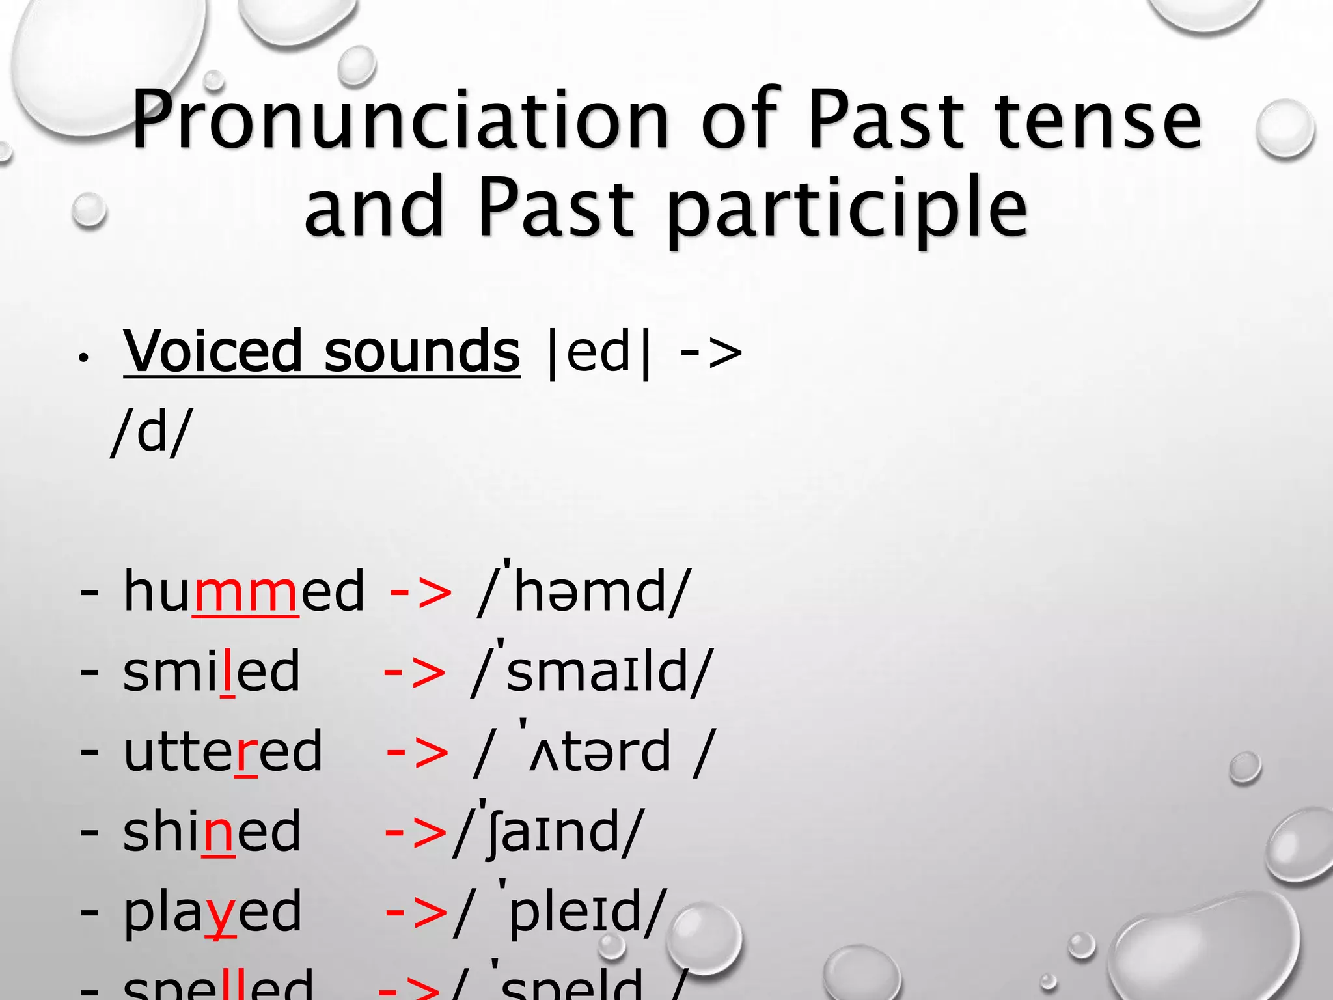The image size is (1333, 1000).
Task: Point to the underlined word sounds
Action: [422, 352]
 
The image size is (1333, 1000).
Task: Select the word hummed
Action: [243, 591]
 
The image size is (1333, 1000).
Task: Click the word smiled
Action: [212, 671]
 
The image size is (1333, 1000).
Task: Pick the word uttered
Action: [223, 751]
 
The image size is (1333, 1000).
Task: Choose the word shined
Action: [212, 831]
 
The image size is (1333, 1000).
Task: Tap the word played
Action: [212, 911]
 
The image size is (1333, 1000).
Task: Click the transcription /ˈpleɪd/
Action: [560, 911]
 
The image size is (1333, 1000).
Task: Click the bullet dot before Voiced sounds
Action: [83, 358]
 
